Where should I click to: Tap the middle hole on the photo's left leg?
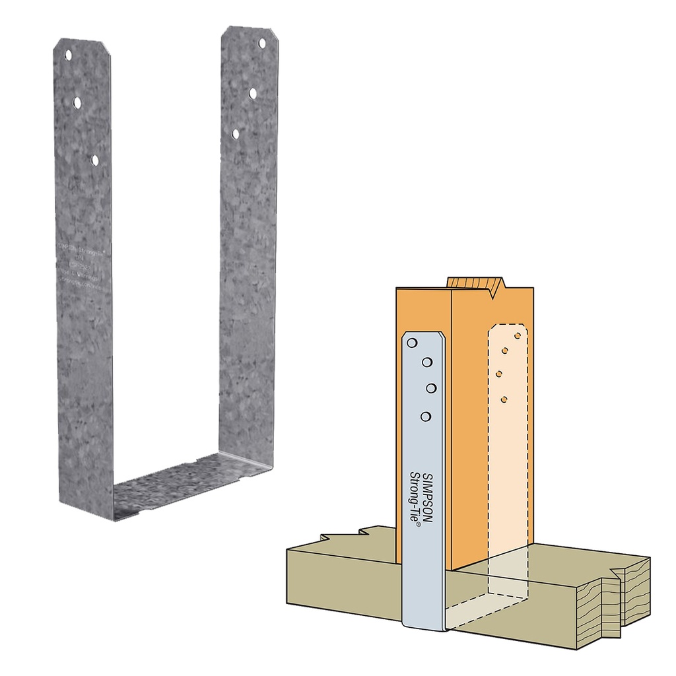coord(77,102)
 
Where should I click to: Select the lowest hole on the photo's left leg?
coord(95,160)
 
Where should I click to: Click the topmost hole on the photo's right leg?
coord(261,43)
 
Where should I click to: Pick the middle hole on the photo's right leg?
coord(253,93)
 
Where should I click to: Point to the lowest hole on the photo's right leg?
coord(236,133)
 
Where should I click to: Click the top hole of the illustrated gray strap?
coord(412,343)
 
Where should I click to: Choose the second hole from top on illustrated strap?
coord(426,362)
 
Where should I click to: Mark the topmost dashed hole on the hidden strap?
coord(518,335)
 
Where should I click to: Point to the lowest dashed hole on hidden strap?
coord(504,399)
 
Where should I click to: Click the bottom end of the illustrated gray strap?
coord(424,624)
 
